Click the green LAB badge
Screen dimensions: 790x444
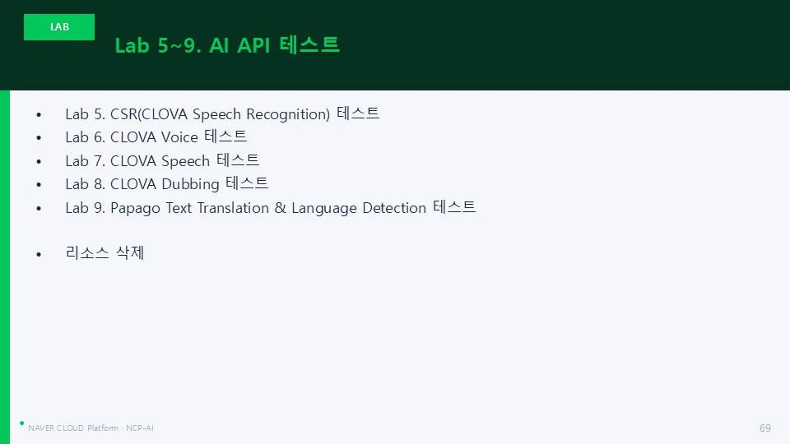pyautogui.click(x=59, y=26)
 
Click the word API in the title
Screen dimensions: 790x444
pyautogui.click(x=253, y=45)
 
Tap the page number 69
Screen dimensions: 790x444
pyautogui.click(x=764, y=428)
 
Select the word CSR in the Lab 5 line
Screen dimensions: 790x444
pyautogui.click(x=123, y=114)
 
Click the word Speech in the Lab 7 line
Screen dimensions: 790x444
pyautogui.click(x=185, y=161)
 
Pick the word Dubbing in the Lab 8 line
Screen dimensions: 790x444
pyautogui.click(x=190, y=184)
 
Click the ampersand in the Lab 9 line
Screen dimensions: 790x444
pyautogui.click(x=280, y=207)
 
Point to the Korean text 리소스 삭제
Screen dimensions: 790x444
pyautogui.click(x=105, y=252)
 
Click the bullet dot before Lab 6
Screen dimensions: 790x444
pyautogui.click(x=39, y=137)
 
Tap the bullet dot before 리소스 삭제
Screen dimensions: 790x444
pyautogui.click(x=39, y=254)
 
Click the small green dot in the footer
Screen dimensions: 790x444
pyautogui.click(x=21, y=423)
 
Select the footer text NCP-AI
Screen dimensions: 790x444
pyautogui.click(x=140, y=428)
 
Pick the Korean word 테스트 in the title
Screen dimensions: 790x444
pyautogui.click(x=309, y=44)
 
